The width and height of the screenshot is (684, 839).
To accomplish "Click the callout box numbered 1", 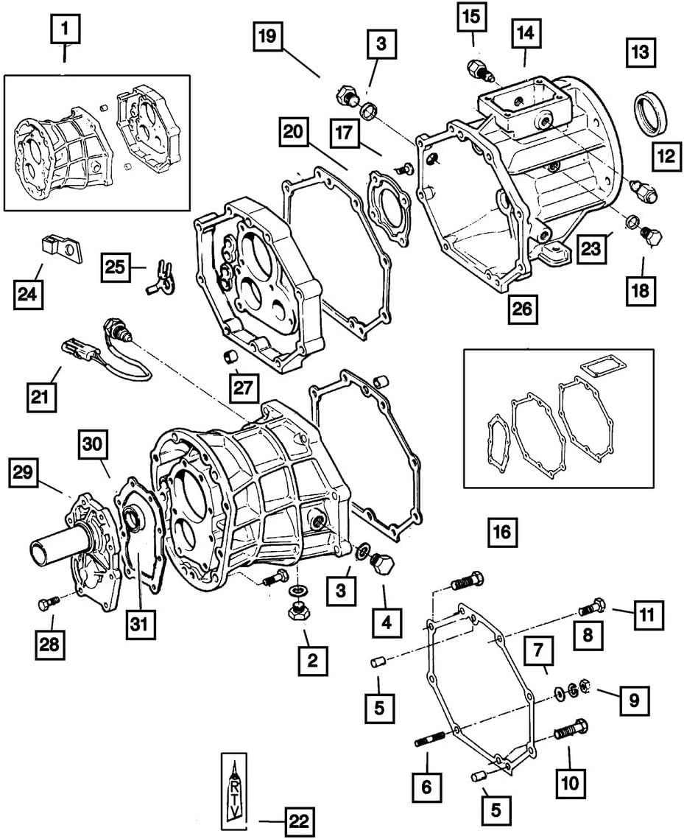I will coord(66,30).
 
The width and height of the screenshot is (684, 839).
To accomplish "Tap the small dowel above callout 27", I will coord(230,358).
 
